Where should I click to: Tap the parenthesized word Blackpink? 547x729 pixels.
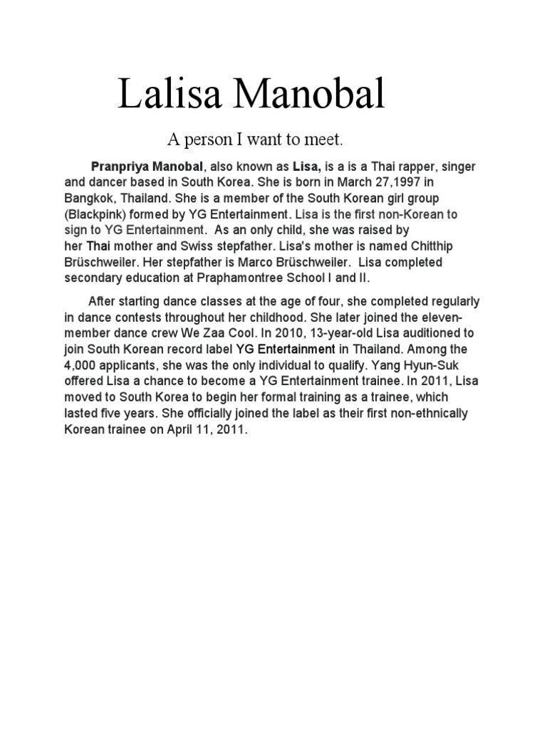point(93,214)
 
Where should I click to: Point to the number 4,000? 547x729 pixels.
point(83,365)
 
